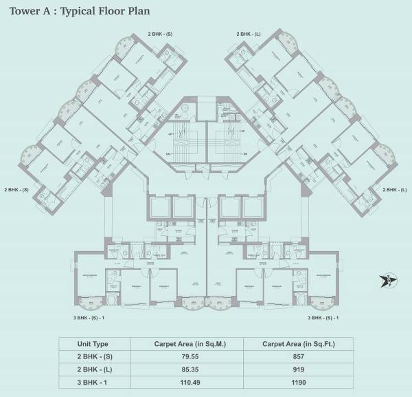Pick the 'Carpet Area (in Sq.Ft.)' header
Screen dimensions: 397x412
click(297, 344)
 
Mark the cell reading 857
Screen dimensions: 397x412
click(297, 356)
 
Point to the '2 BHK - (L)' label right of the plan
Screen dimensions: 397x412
click(394, 189)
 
